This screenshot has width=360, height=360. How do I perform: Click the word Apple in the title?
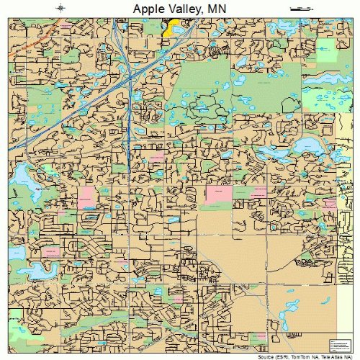click(150, 8)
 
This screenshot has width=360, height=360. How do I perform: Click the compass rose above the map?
click(61, 8)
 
